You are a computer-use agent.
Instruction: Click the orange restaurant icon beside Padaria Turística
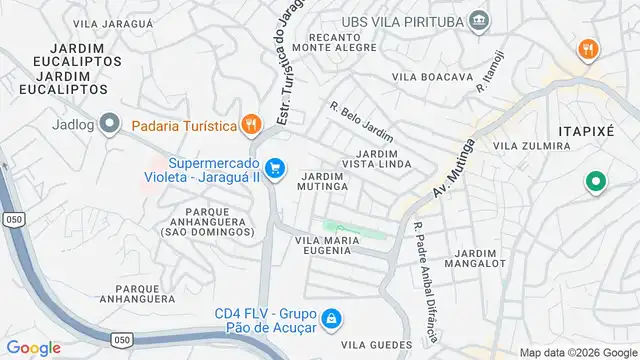point(251,125)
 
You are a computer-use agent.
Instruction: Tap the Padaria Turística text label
point(184,126)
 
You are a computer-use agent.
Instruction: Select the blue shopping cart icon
point(278,169)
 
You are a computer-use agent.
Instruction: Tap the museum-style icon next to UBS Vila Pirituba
point(480,19)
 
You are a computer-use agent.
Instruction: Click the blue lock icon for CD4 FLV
point(333,320)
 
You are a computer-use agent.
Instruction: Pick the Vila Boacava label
point(432,77)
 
